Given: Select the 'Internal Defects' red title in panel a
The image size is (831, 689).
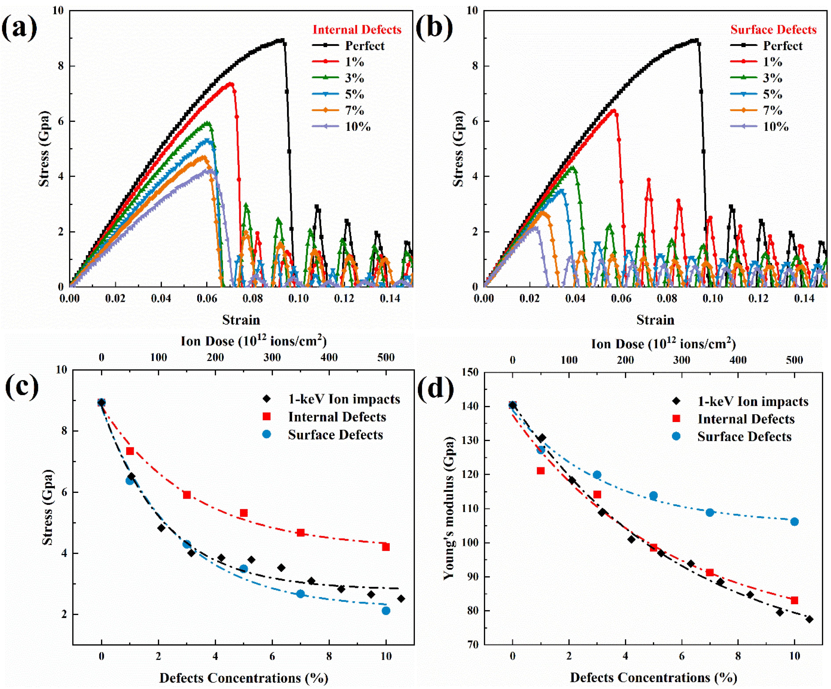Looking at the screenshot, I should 357,30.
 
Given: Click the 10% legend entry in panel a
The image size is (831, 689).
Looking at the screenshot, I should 357,127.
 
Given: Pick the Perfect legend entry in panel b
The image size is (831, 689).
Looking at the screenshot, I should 782,46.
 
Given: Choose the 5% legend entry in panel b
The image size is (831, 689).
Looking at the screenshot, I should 772,94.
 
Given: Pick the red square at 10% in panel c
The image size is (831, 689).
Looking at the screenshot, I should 386,547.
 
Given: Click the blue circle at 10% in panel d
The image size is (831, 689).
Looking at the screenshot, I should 794,522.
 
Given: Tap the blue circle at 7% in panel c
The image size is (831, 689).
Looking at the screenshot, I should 300,594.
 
